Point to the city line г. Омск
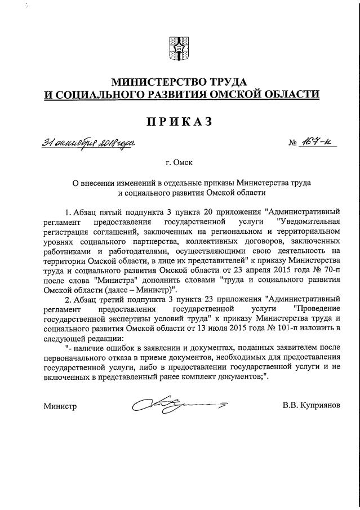pos(179,163)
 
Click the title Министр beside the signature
pos(60,406)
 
